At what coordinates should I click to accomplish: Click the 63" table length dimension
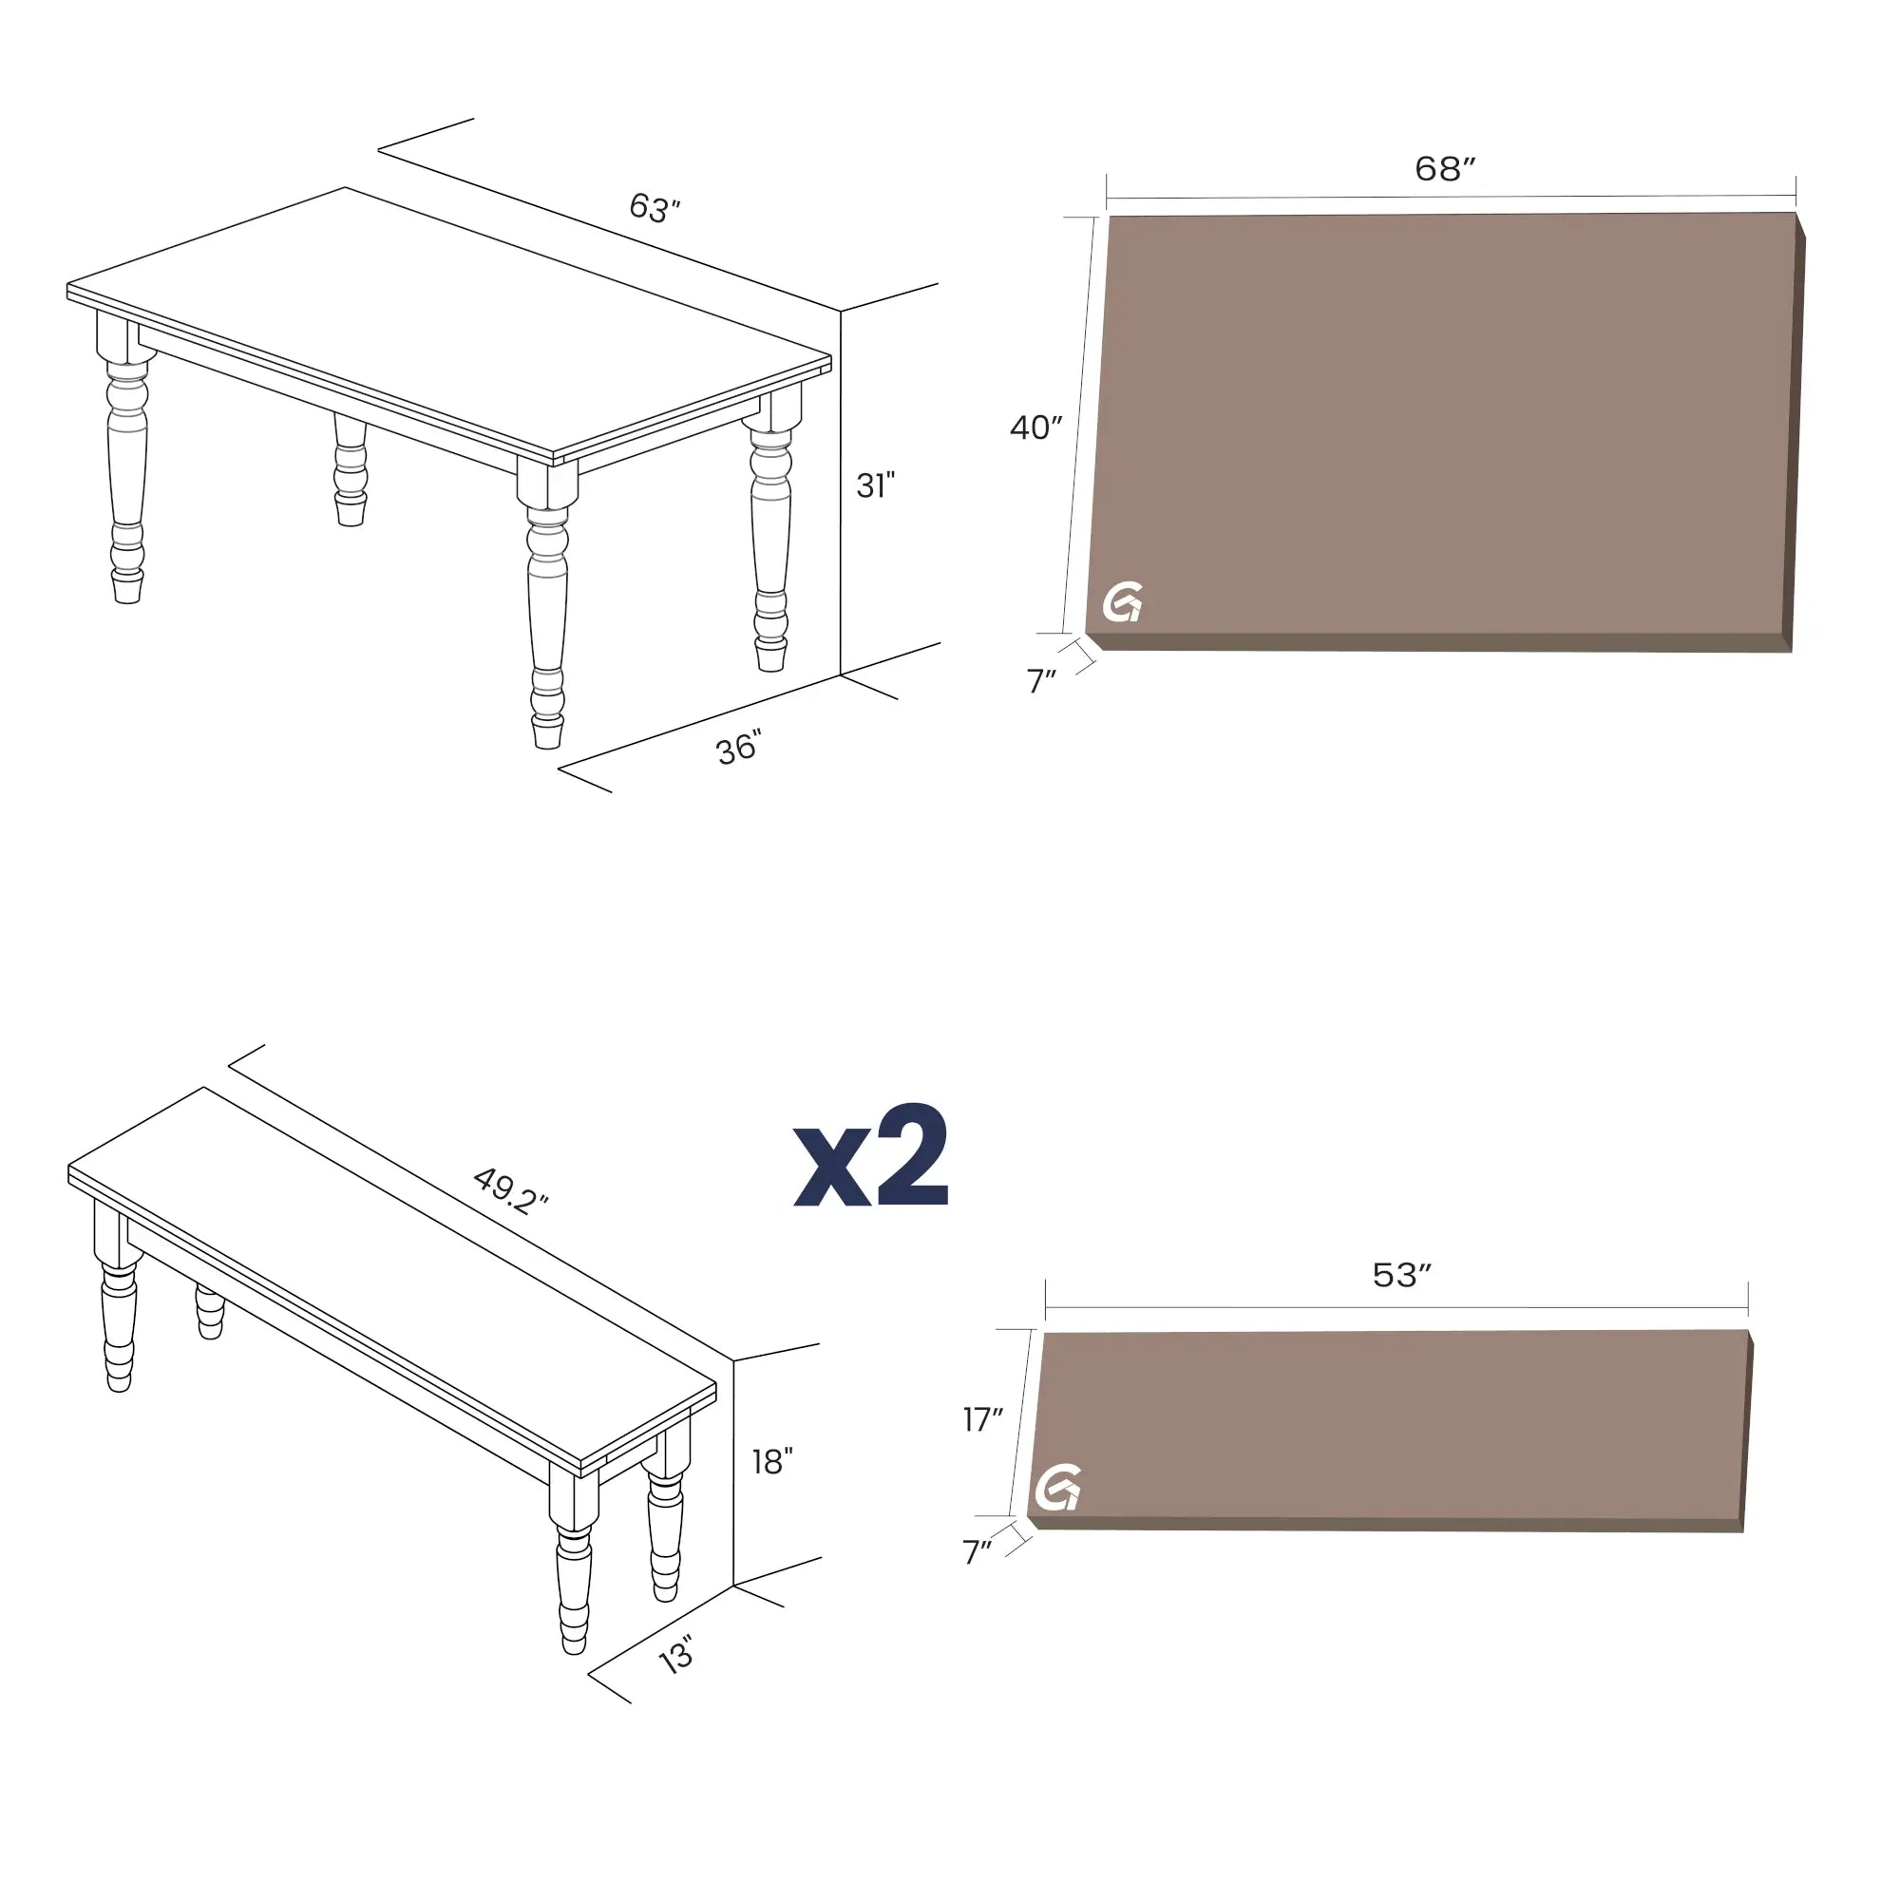(x=655, y=207)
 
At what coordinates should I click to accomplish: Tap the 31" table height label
(x=875, y=484)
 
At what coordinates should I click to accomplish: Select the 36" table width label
(x=738, y=749)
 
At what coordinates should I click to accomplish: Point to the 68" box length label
(x=1445, y=168)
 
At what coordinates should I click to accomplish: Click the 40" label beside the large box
(x=1035, y=427)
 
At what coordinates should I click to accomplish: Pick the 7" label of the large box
(x=1040, y=680)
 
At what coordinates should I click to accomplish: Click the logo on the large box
(x=1122, y=602)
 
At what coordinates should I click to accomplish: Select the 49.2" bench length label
(x=510, y=1191)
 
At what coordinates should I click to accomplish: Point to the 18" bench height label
(x=772, y=1462)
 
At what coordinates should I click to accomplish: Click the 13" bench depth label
(x=676, y=1655)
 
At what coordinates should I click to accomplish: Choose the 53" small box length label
(x=1401, y=1275)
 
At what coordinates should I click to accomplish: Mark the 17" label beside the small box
(x=982, y=1419)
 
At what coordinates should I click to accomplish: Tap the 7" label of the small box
(x=977, y=1552)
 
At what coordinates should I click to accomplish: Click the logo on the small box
(x=1058, y=1488)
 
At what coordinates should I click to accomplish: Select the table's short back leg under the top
(x=351, y=470)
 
